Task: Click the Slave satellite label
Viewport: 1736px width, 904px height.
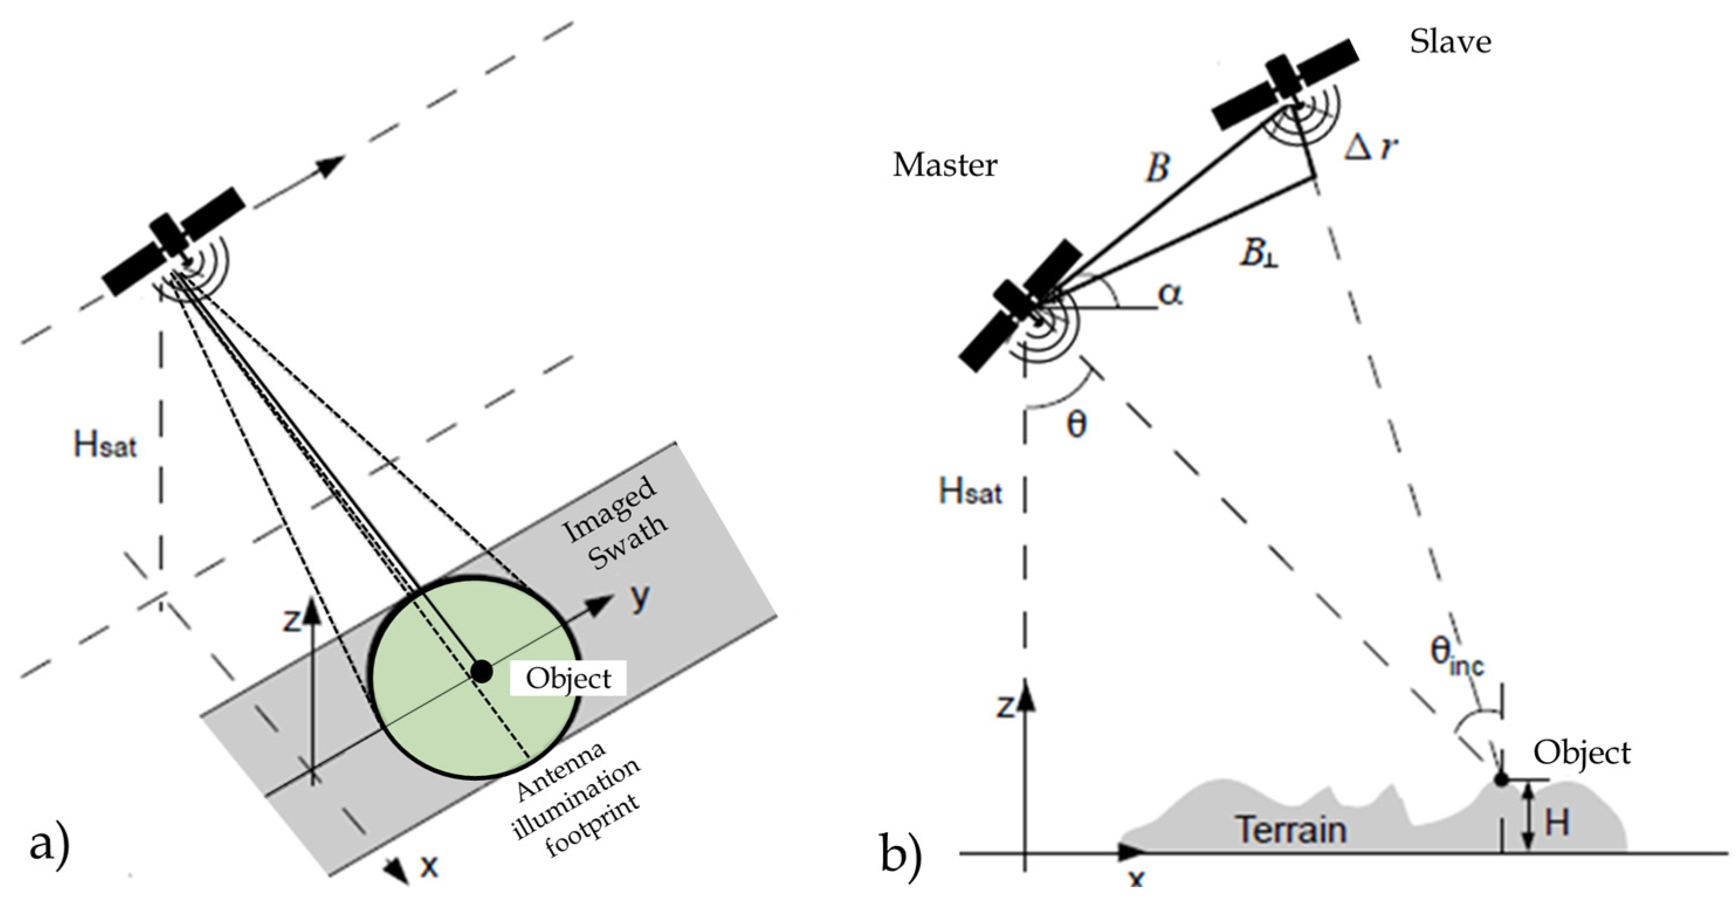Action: click(1450, 42)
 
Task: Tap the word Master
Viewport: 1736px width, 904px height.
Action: click(945, 165)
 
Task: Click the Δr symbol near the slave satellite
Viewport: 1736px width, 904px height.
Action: click(1370, 148)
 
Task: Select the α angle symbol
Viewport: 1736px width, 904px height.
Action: click(1170, 294)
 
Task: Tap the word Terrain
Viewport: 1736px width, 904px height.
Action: click(1290, 829)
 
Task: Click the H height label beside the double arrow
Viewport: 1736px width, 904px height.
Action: click(1557, 823)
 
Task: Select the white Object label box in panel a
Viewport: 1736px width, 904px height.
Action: click(568, 678)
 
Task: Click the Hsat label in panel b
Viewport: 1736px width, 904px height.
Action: click(970, 492)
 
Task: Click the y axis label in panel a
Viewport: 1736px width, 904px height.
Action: click(641, 596)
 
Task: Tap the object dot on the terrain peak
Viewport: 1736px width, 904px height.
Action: click(1501, 780)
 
